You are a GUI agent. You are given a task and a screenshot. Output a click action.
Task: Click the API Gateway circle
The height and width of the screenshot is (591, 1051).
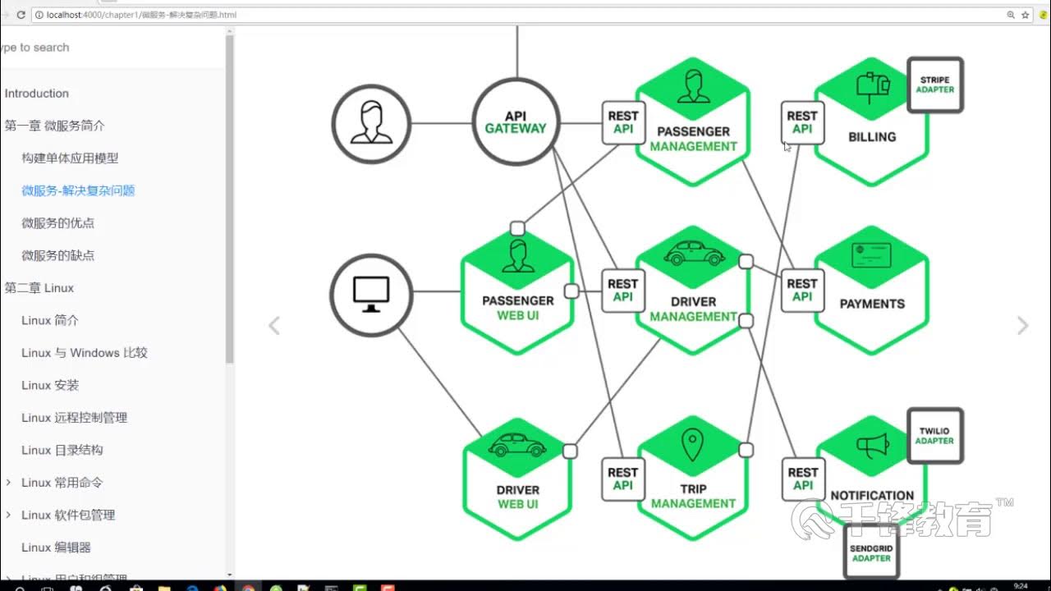(516, 122)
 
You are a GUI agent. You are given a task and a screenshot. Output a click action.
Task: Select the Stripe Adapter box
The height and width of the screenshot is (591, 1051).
(935, 85)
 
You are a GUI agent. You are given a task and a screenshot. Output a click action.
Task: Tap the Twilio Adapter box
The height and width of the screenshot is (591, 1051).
(935, 436)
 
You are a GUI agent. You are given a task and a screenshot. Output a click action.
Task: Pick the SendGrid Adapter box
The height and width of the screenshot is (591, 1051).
(871, 552)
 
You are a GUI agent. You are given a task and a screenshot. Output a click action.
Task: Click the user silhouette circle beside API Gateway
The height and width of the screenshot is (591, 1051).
(371, 123)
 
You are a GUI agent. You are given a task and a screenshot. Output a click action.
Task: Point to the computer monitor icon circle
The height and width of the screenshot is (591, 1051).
(371, 294)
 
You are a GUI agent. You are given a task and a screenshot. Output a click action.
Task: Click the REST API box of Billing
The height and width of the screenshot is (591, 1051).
(802, 122)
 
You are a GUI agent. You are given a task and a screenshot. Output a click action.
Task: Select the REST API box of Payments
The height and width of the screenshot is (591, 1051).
(802, 290)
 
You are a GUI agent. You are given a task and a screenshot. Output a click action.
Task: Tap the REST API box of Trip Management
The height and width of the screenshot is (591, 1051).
(622, 479)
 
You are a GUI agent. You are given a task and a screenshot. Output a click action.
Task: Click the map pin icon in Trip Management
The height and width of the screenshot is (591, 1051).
(692, 444)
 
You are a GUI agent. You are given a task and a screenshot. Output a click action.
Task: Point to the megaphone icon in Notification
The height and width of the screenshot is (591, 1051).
(872, 446)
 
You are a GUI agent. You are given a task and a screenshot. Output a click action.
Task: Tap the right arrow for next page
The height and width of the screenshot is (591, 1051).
(1022, 326)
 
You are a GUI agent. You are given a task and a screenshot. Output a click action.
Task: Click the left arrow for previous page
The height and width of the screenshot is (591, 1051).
(274, 326)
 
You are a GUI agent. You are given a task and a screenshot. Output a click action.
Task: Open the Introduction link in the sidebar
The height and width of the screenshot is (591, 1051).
(37, 94)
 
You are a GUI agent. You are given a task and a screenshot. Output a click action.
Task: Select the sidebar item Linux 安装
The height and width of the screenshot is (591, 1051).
(50, 385)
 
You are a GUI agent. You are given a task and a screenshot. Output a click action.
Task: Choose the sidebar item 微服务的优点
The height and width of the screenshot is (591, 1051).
(57, 223)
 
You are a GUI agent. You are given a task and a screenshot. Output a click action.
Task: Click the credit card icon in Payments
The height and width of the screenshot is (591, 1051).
(871, 256)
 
